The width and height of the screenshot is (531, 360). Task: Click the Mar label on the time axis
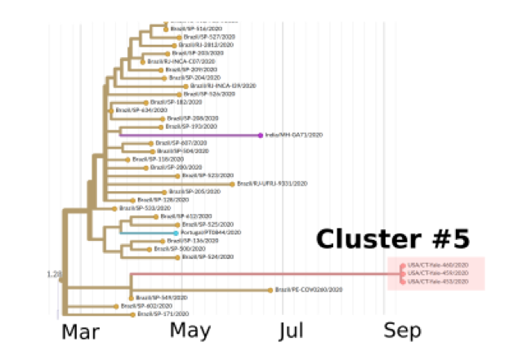81,331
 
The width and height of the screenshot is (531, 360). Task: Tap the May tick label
190,330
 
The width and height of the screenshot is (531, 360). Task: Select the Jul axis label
292,330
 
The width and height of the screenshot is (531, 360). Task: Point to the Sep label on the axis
404,330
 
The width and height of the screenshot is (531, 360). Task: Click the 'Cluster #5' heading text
392,238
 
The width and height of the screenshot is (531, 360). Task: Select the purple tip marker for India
261,135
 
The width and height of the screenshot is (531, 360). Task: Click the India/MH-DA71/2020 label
294,135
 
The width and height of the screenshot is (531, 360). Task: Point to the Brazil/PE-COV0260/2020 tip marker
270,290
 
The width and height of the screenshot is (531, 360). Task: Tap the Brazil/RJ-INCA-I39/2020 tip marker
188,86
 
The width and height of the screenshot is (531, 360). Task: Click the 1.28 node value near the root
54,273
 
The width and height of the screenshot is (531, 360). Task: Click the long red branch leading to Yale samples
261,273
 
